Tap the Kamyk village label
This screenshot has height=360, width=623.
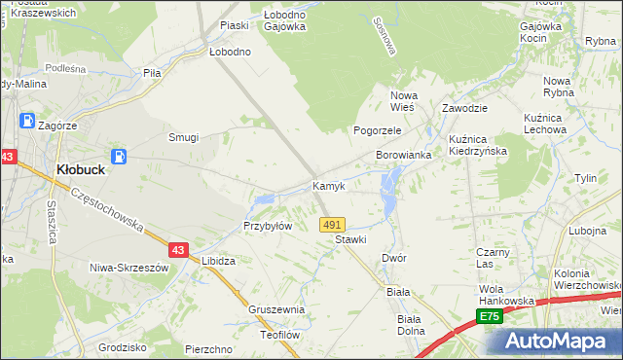pos(329,186)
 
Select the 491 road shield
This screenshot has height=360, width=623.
pos(332,225)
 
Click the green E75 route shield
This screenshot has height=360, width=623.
pos(489,317)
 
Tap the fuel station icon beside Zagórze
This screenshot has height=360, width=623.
pos(28,123)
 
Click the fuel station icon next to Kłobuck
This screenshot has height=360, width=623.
pos(119,156)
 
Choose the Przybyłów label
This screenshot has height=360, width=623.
pos(268,226)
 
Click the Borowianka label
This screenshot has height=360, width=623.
pos(404,156)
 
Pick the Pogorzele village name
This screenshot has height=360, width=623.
pos(378,129)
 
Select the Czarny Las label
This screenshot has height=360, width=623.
pos(494,257)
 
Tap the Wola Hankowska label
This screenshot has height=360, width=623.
pos(506,295)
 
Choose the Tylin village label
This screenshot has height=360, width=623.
pos(585,179)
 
